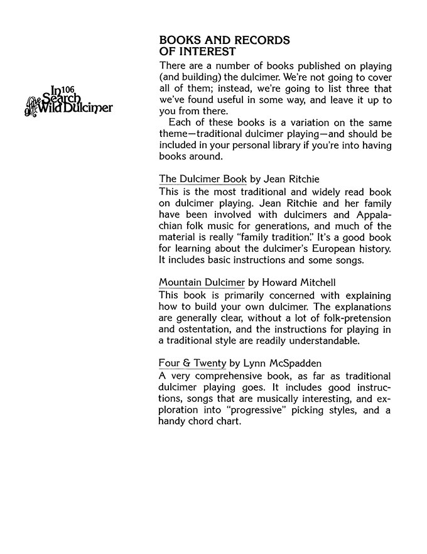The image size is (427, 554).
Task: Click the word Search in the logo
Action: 61,99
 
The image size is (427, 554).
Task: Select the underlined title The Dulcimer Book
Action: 203,179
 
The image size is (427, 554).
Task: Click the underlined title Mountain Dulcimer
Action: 202,283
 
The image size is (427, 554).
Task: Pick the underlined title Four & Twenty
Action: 192,363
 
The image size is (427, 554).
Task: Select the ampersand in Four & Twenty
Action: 186,363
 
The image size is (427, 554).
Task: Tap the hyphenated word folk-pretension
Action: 355,318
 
